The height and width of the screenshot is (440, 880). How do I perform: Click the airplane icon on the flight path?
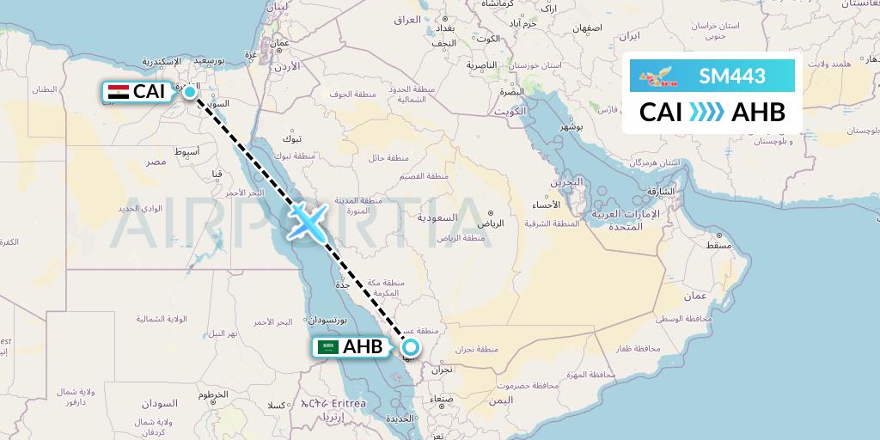click(x=307, y=220)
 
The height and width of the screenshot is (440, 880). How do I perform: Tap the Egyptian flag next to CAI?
click(x=119, y=91)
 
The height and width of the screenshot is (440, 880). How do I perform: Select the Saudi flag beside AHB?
click(x=327, y=347)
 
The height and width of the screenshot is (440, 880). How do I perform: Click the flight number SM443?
click(x=732, y=76)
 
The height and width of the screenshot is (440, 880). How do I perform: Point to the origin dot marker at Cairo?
click(x=189, y=91)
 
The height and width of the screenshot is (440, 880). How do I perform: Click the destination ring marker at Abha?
click(x=411, y=347)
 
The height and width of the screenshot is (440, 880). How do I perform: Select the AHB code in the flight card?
click(x=758, y=113)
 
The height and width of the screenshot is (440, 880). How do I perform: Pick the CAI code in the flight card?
click(x=661, y=113)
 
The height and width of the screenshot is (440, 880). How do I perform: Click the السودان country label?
click(x=160, y=403)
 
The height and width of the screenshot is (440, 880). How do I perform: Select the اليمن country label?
click(x=498, y=400)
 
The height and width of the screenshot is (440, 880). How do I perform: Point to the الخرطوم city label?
click(x=214, y=394)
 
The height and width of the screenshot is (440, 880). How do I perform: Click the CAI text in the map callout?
click(x=149, y=91)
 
